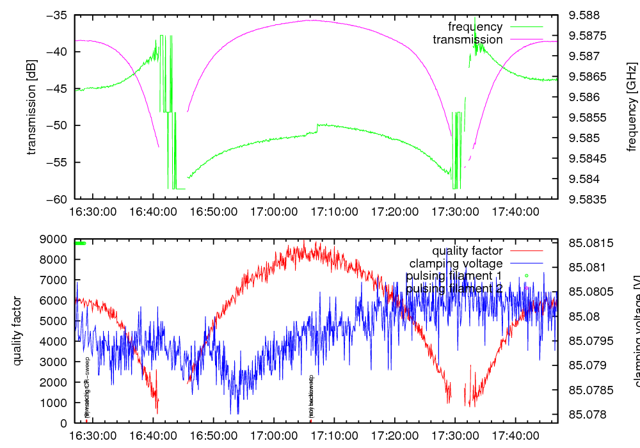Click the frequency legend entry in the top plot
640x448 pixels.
(475, 27)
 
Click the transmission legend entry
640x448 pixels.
(467, 40)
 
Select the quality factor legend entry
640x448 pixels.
(467, 251)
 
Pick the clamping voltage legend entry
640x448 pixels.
(456, 263)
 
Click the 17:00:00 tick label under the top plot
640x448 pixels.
(274, 211)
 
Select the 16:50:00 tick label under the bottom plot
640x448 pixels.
(214, 435)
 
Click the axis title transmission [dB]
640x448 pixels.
(31, 107)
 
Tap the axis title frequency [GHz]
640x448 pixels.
(632, 107)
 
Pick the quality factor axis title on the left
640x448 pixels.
(17, 331)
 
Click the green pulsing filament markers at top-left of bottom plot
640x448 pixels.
(80, 243)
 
